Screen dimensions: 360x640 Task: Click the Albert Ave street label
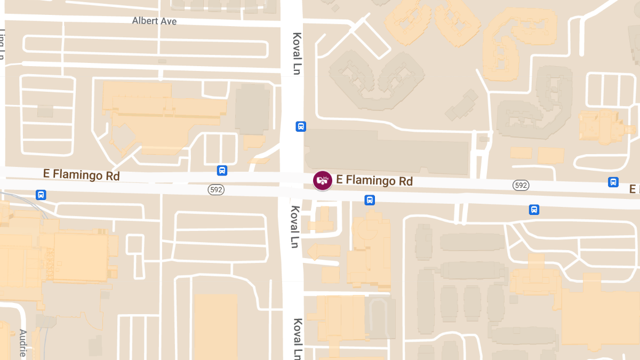pyautogui.click(x=154, y=21)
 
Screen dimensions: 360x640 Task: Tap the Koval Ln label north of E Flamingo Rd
pyautogui.click(x=297, y=53)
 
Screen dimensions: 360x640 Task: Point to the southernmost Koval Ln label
pyautogui.click(x=298, y=338)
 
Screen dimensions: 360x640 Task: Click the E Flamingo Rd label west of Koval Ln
pyautogui.click(x=82, y=174)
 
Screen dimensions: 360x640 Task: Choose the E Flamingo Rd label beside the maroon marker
pyautogui.click(x=374, y=181)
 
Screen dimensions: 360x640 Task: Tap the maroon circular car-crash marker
pyautogui.click(x=322, y=180)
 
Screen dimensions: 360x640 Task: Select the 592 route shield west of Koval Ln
pyautogui.click(x=215, y=189)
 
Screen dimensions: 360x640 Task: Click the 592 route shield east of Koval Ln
pyautogui.click(x=521, y=185)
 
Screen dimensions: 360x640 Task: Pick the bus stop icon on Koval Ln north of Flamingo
pyautogui.click(x=301, y=126)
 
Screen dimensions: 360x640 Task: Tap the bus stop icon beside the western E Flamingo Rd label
pyautogui.click(x=222, y=171)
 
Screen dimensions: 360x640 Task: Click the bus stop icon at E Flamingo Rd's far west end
pyautogui.click(x=41, y=195)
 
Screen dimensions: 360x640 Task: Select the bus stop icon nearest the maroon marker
pyautogui.click(x=369, y=200)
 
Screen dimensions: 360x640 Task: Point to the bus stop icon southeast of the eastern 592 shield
pyautogui.click(x=534, y=210)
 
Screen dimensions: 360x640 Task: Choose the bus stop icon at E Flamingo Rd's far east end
pyautogui.click(x=613, y=182)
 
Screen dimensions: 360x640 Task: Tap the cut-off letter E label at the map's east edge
pyautogui.click(x=634, y=189)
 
